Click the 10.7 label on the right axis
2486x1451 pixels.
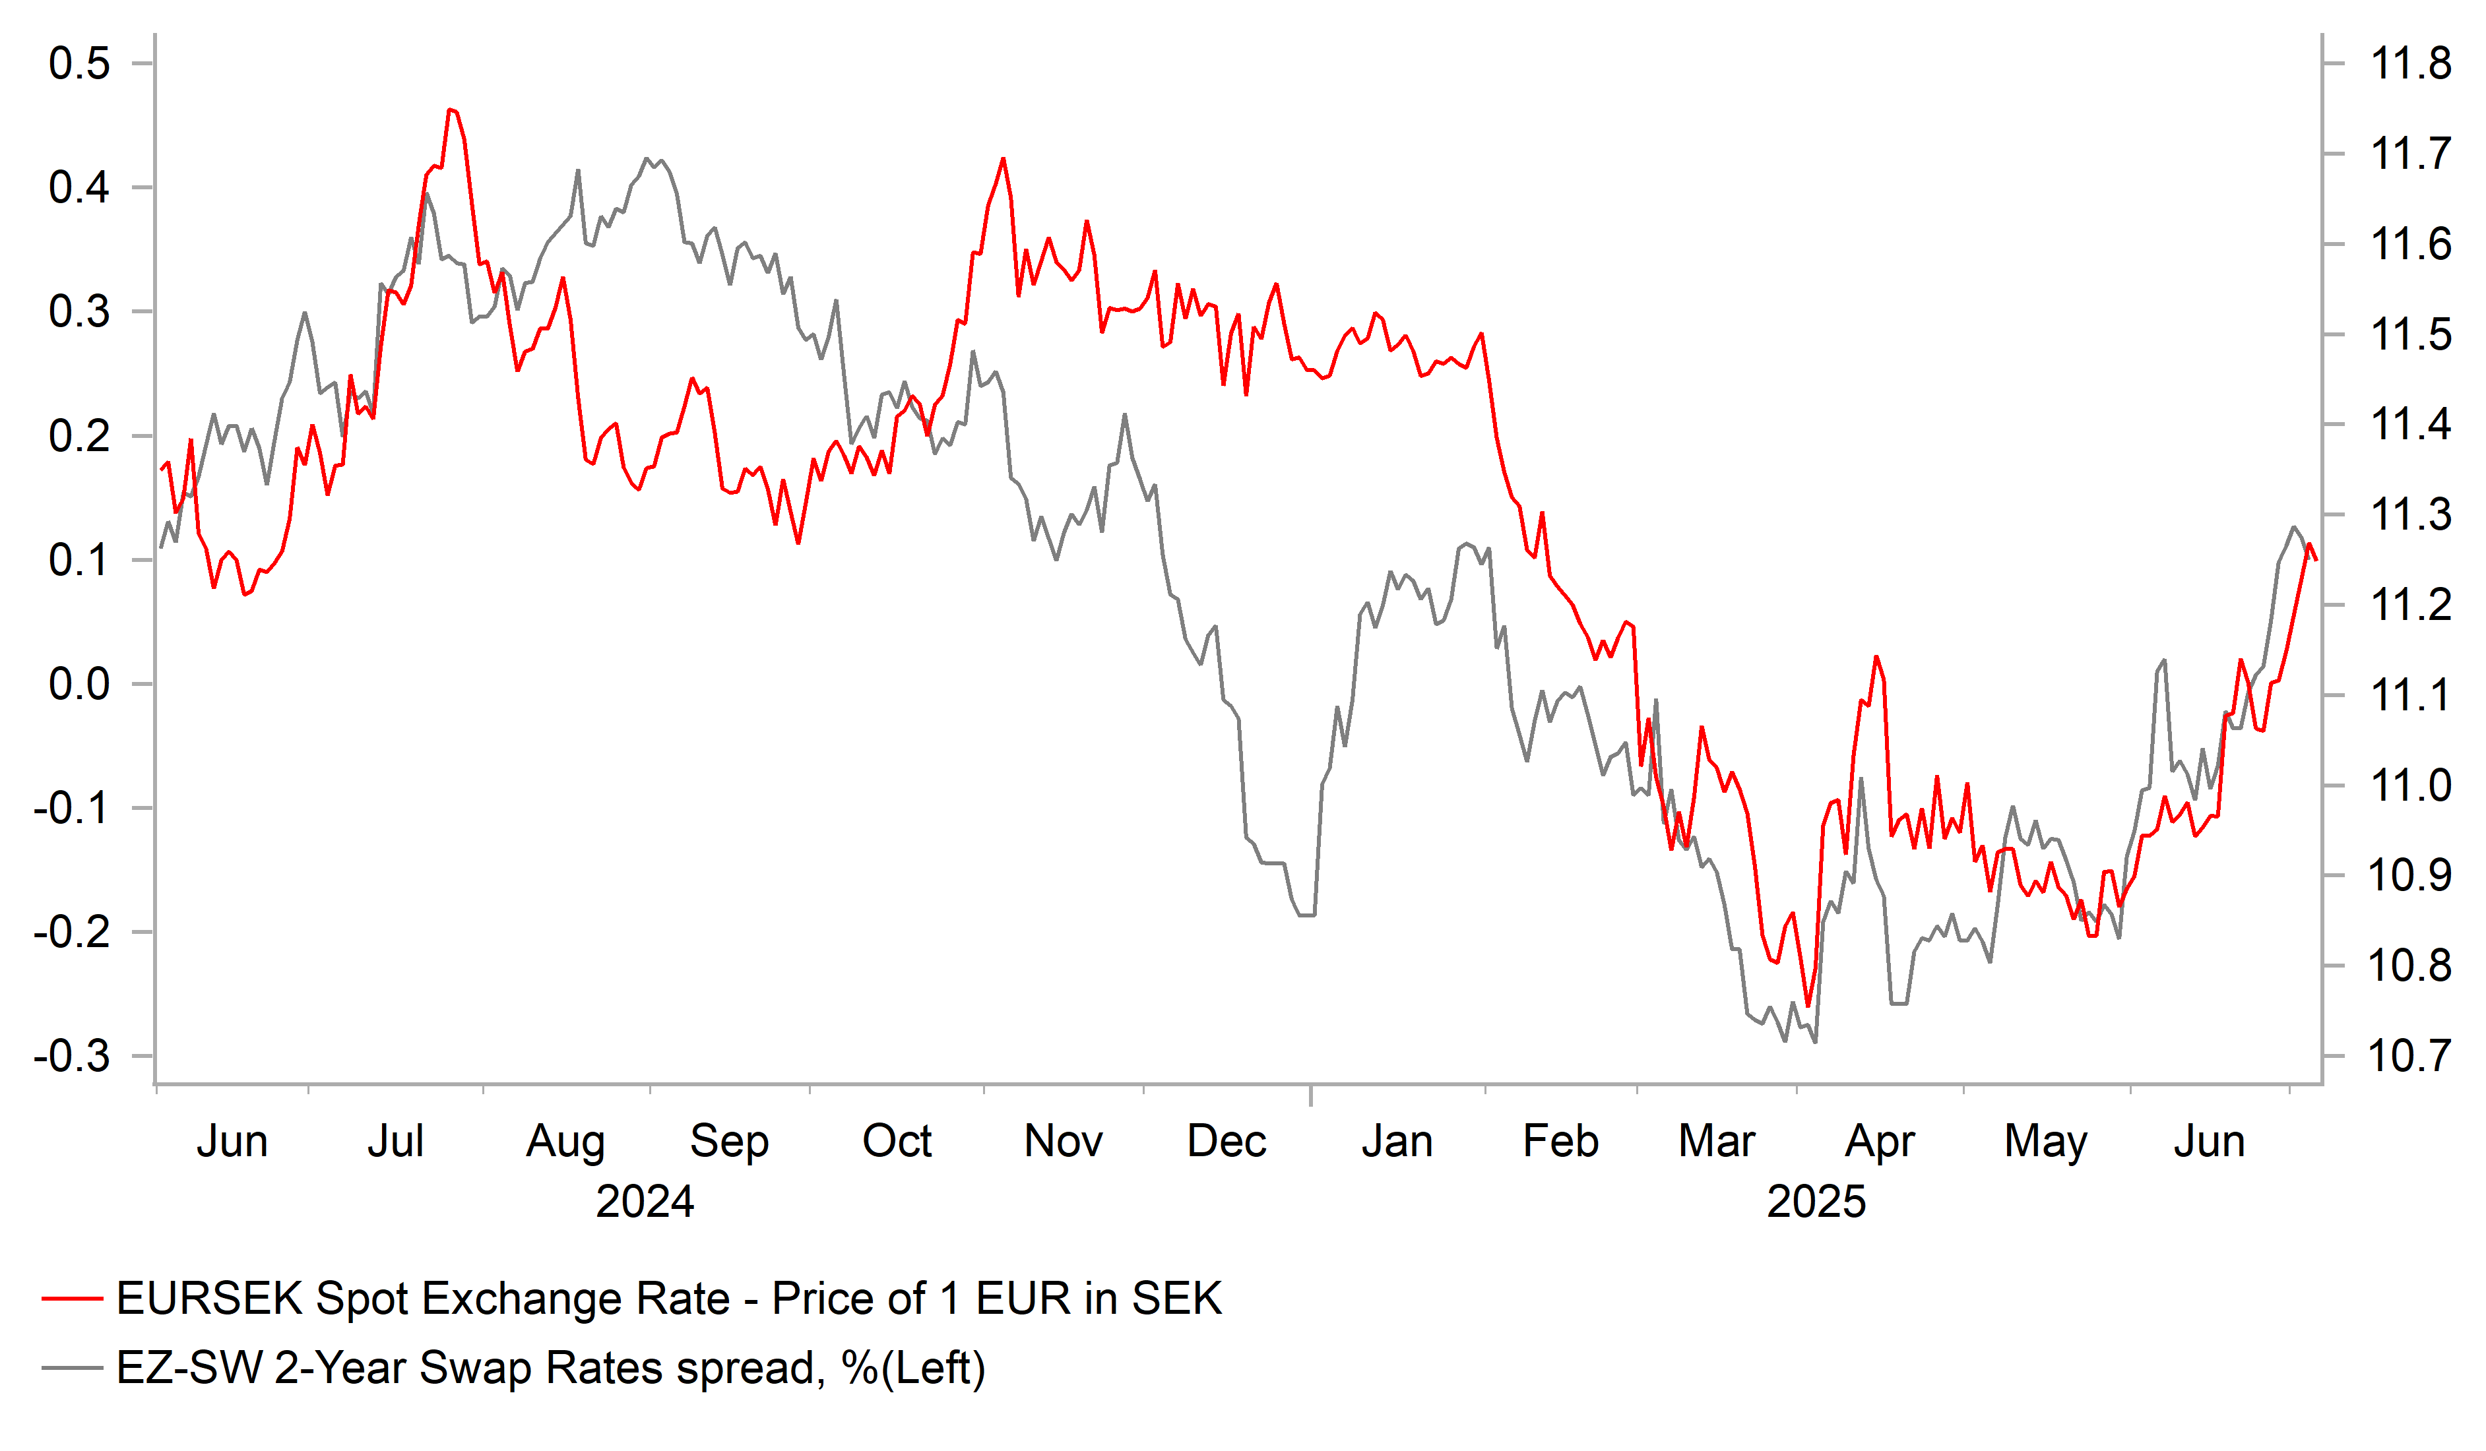(2409, 1057)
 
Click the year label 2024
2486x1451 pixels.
(645, 1202)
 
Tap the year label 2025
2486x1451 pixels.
(1816, 1202)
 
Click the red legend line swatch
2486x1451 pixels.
(72, 1299)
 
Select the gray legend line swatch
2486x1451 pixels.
(72, 1368)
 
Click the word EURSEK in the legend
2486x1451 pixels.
(209, 1299)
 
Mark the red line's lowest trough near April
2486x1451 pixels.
(1808, 1006)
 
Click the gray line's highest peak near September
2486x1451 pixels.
(647, 159)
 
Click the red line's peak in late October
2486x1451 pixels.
(1004, 159)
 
